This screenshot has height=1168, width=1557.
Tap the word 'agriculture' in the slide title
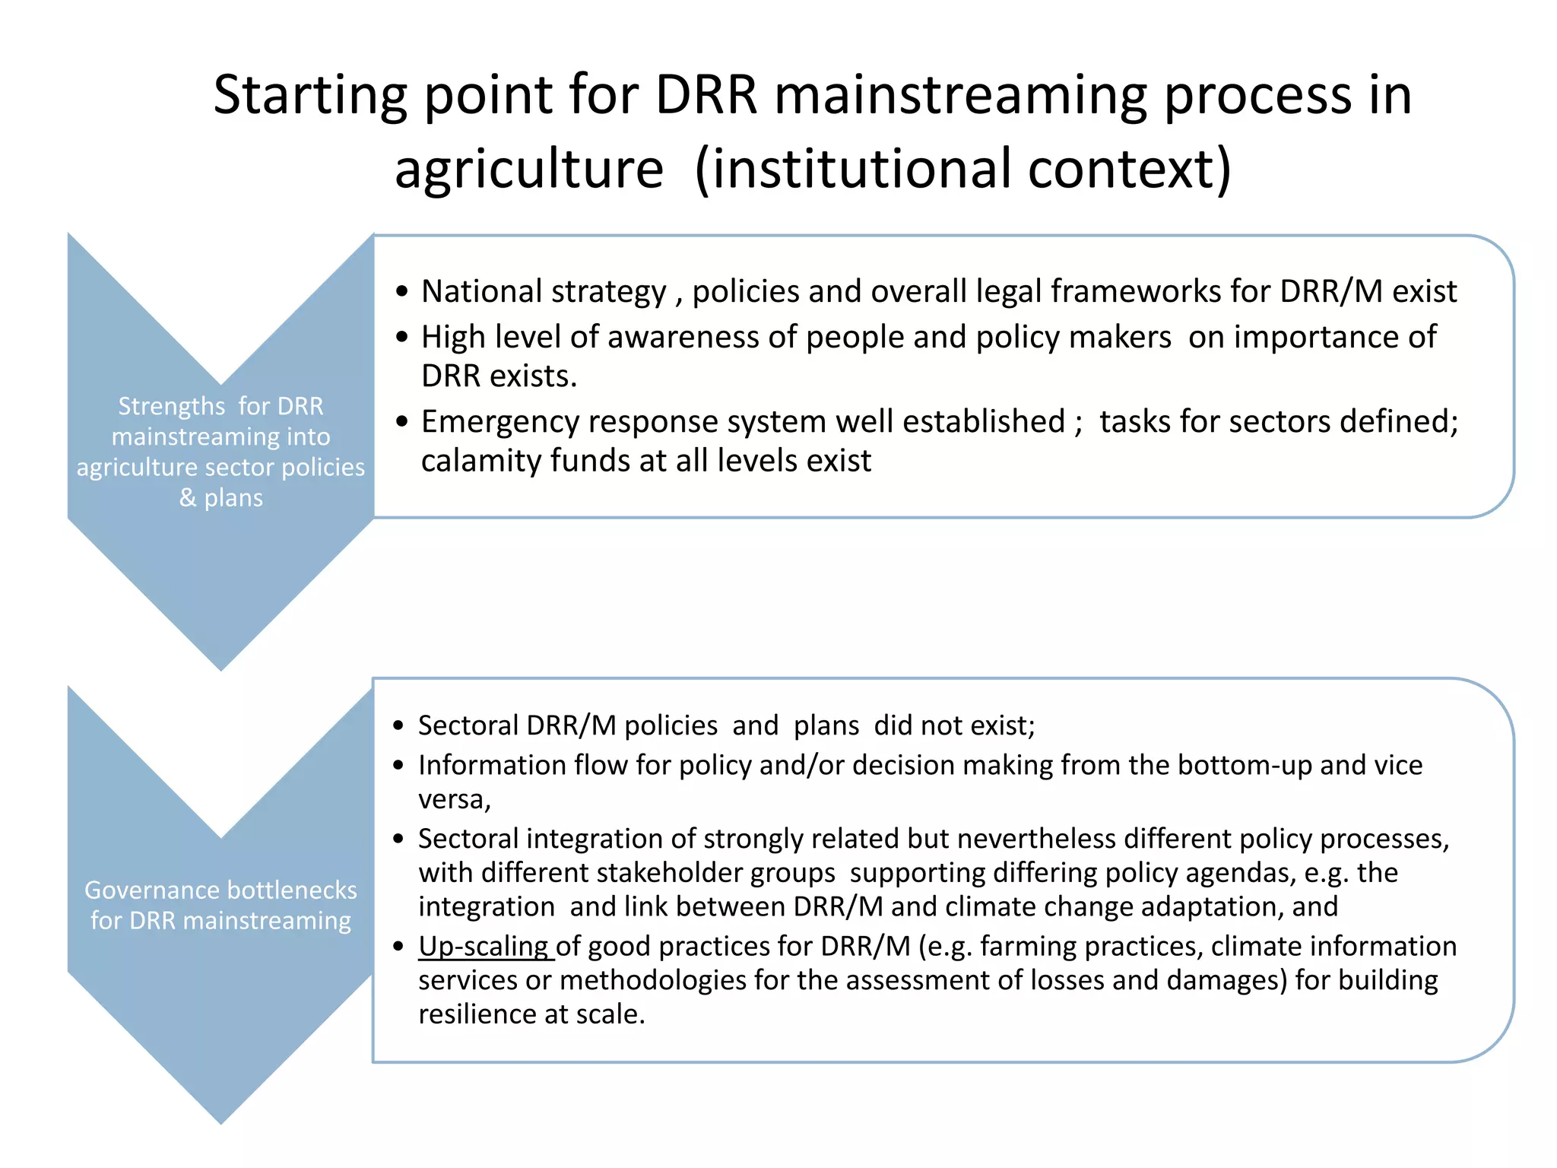tap(528, 169)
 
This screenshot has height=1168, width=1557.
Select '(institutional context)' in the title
tap(962, 169)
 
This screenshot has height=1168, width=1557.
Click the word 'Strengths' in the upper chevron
tap(171, 407)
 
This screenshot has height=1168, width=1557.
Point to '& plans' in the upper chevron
tap(221, 497)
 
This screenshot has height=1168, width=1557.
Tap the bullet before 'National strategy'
tap(402, 292)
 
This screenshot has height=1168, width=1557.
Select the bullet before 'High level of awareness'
tap(402, 337)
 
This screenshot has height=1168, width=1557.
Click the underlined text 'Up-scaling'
tap(484, 946)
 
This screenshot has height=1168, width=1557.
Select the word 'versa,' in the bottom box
tap(455, 800)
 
